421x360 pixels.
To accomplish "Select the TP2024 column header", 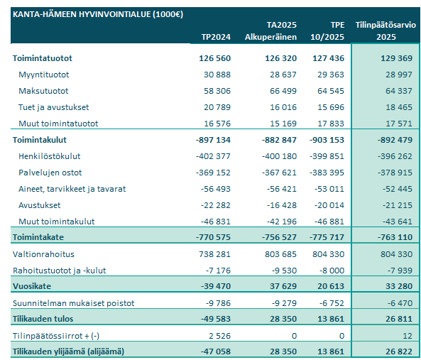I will pyautogui.click(x=212, y=36).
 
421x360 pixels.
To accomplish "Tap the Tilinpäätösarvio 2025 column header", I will pyautogui.click(x=388, y=30).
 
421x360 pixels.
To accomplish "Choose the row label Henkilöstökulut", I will pyautogui.click(x=49, y=156).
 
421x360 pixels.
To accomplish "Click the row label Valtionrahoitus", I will pyautogui.click(x=44, y=253).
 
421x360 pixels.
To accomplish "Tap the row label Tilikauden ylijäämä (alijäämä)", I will pyautogui.click(x=68, y=351).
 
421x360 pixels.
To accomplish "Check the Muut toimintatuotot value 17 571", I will pyautogui.click(x=395, y=123).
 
